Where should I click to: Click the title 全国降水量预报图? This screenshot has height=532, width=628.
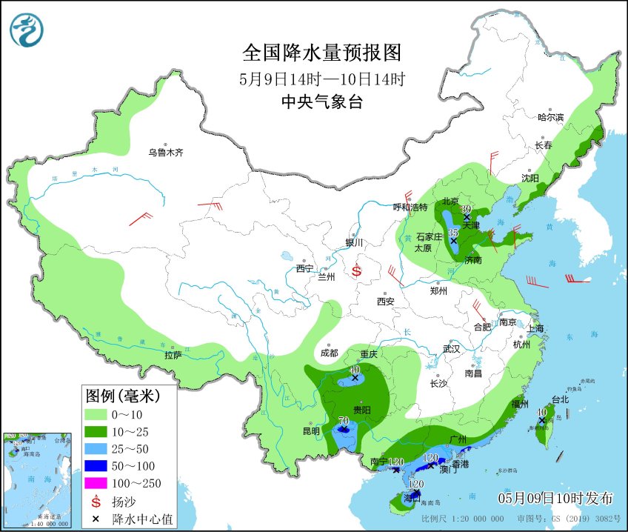(x=321, y=53)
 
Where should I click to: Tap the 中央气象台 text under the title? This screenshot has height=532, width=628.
(x=321, y=103)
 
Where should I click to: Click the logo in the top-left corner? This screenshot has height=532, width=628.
(x=27, y=30)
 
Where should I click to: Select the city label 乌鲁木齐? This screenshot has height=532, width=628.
(x=164, y=153)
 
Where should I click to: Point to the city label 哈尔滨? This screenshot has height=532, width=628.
(x=550, y=117)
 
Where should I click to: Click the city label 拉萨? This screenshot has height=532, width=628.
(x=173, y=356)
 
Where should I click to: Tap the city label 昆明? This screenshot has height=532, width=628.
(x=311, y=431)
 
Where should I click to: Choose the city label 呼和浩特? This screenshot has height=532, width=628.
(x=410, y=207)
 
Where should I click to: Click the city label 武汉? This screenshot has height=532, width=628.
(x=451, y=348)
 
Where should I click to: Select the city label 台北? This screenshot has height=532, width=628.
(x=559, y=399)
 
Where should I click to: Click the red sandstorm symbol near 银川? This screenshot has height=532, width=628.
(x=356, y=271)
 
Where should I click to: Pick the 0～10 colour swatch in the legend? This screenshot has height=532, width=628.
(x=97, y=413)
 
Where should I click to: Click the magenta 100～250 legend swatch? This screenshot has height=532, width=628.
(x=97, y=484)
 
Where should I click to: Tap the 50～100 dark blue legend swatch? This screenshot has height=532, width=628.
(x=97, y=466)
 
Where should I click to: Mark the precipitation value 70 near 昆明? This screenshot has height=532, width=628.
(x=343, y=422)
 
